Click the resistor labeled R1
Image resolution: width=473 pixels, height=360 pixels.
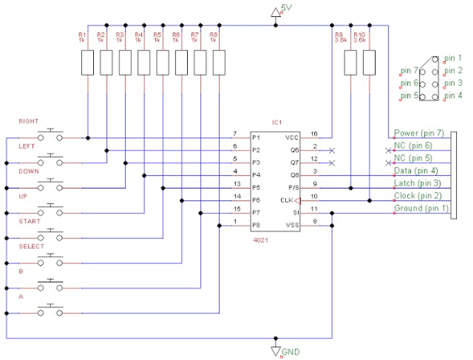coord(88,64)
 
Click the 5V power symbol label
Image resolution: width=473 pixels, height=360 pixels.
coord(286,8)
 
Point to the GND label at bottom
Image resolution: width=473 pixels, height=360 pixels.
coord(290,351)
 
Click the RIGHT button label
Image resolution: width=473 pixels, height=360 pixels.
coord(28,121)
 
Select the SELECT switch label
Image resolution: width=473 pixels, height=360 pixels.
coord(31,246)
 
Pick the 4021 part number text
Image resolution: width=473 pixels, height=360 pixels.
coord(261,240)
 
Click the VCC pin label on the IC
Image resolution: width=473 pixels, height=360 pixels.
coord(292,137)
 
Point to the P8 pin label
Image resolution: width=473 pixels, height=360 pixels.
coord(257,226)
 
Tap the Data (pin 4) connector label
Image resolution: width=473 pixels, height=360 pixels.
coord(416,171)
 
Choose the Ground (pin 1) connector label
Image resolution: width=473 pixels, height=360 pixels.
coord(421,208)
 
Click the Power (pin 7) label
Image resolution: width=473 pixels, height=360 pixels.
coord(419,133)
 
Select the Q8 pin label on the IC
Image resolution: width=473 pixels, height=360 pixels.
coord(294,175)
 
